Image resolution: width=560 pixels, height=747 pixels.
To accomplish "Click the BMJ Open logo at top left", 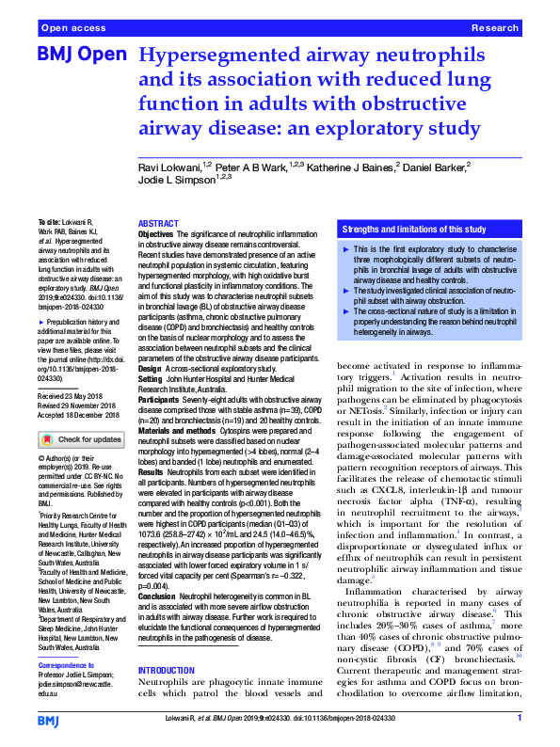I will [x=81, y=56].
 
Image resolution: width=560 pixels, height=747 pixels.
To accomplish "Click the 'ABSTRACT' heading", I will [x=158, y=224].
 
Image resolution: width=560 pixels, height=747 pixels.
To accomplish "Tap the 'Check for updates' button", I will [x=81, y=439].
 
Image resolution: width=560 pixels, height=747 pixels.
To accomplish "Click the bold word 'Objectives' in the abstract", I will [x=156, y=233].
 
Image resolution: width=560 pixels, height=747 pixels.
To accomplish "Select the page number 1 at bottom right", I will [x=520, y=719].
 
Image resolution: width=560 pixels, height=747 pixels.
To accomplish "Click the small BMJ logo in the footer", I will [x=48, y=719].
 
